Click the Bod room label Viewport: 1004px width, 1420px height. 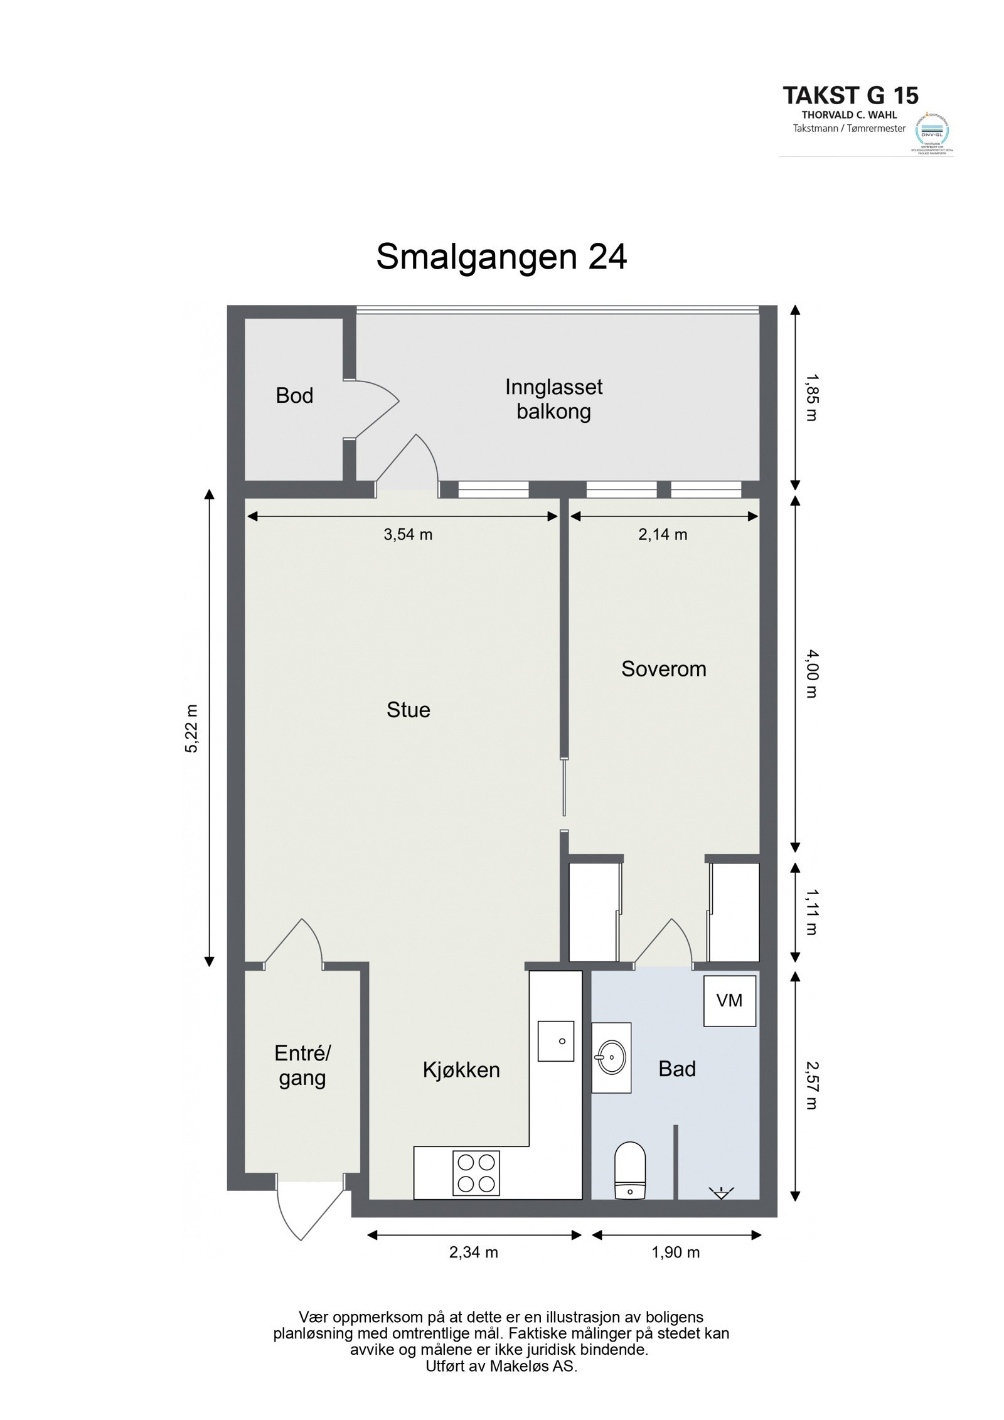click(294, 396)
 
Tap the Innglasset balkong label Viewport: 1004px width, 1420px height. click(553, 399)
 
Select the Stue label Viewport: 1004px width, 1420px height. click(408, 710)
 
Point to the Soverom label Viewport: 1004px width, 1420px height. click(663, 669)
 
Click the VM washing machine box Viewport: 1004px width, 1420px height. click(729, 1001)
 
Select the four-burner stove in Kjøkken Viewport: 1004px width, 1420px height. click(476, 1173)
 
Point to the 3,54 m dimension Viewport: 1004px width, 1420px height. click(408, 535)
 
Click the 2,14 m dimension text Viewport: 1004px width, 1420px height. click(663, 535)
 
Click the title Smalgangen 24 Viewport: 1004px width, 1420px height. click(501, 257)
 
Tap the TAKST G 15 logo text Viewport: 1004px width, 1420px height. click(850, 95)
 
